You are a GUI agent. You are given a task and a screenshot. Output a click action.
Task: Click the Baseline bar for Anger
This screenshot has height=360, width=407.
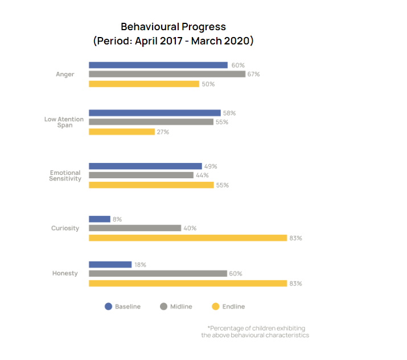click(158, 65)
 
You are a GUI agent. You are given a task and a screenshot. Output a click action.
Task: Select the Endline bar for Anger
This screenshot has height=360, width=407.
click(144, 84)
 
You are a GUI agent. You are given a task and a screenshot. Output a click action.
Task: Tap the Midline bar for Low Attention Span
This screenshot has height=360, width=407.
click(151, 122)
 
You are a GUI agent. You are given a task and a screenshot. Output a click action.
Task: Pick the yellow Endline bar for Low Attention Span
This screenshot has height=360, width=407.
click(122, 132)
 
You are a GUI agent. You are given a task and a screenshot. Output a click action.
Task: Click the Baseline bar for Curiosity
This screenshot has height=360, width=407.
click(100, 219)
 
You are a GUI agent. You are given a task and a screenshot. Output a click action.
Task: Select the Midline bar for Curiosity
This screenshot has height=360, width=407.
click(135, 228)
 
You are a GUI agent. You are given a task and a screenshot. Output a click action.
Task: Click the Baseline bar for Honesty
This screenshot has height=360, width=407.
click(110, 264)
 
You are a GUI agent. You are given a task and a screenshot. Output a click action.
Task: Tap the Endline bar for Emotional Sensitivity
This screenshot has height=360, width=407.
click(151, 185)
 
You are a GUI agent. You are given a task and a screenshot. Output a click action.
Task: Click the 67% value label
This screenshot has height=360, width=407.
click(254, 75)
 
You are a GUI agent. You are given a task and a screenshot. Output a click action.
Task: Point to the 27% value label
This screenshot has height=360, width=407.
click(163, 132)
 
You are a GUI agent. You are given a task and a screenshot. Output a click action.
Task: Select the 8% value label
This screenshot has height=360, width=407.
click(117, 219)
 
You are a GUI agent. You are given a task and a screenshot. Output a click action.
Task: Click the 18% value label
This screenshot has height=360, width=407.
click(140, 265)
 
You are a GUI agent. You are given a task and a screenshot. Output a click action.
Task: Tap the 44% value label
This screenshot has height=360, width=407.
click(202, 176)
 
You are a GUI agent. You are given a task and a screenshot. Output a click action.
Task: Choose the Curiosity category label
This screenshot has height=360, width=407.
click(65, 228)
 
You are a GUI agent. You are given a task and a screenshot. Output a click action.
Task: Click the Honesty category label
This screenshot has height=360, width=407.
click(65, 273)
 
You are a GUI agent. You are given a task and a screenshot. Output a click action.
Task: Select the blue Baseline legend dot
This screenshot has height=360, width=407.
click(108, 306)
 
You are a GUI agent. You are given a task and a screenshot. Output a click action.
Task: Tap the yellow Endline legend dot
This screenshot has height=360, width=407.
click(215, 306)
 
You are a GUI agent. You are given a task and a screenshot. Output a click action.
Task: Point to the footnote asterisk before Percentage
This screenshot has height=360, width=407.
click(209, 328)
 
